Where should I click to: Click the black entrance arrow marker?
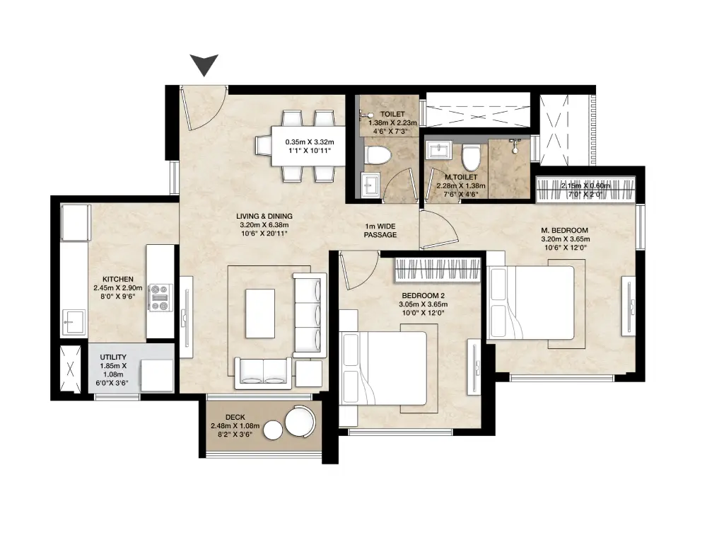tap(206, 65)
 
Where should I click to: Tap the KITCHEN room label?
tap(117, 280)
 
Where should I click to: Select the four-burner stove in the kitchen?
tap(160, 297)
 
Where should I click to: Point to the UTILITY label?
tap(111, 357)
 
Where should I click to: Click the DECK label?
tap(235, 418)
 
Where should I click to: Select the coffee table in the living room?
tap(260, 313)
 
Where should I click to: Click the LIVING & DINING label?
tap(266, 217)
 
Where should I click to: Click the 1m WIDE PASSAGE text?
tap(380, 231)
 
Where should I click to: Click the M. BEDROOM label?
tap(564, 231)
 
